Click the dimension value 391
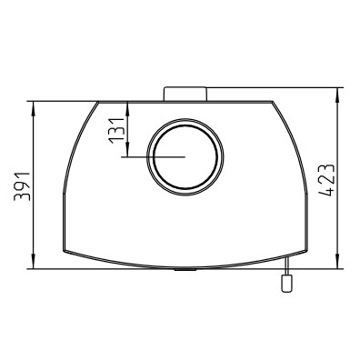pos(23,186)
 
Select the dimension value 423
pos(326,180)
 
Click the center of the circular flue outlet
pos(185,157)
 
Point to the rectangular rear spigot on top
pos(185,94)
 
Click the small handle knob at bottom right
pos(285,284)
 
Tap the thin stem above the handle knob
pos(285,266)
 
